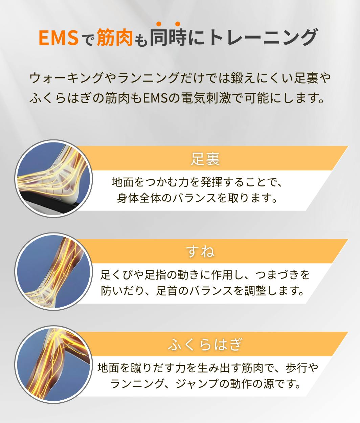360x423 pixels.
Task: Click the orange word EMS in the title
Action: [x=59, y=37]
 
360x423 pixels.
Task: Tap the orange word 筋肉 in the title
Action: [x=114, y=37]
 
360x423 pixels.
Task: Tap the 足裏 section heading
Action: [x=205, y=159]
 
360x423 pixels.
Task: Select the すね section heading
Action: [x=200, y=252]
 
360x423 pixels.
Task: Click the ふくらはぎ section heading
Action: [x=205, y=344]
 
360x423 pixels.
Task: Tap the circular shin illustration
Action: [x=53, y=271]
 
